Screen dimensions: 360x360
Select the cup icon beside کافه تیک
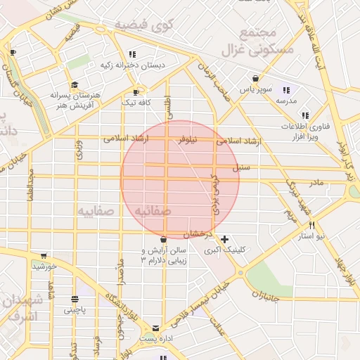click(x=136, y=91)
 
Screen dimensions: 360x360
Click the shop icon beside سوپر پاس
click(x=255, y=79)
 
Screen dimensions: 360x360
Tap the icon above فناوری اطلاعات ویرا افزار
click(x=304, y=115)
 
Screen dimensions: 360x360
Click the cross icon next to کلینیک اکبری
click(x=224, y=239)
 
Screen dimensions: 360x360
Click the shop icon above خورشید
click(x=44, y=256)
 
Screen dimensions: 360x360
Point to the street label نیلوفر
click(x=187, y=141)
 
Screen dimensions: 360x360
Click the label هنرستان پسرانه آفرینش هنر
click(x=77, y=98)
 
